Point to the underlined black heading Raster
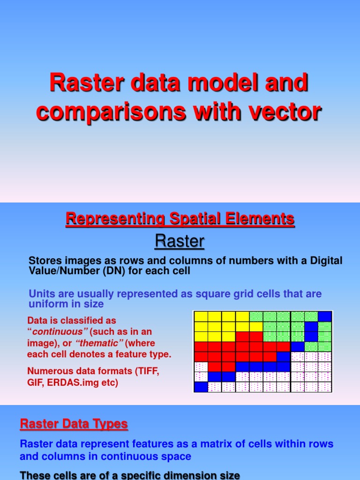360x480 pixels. click(x=180, y=241)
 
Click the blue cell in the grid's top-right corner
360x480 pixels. click(x=325, y=316)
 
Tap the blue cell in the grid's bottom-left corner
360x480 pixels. click(x=201, y=387)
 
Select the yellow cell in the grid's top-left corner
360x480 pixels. click(x=201, y=316)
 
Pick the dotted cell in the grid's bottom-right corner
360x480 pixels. click(x=325, y=387)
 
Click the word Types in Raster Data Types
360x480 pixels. click(x=110, y=424)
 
